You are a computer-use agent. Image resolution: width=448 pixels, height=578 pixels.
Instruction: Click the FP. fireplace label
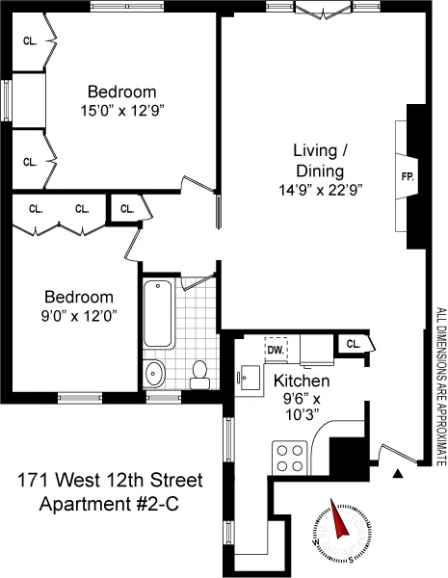point(407,176)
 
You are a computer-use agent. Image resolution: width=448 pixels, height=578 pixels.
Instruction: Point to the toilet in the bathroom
point(200,375)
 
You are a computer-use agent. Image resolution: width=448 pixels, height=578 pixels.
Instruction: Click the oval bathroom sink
point(154,373)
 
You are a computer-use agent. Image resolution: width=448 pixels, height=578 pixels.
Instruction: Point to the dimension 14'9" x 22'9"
point(320,191)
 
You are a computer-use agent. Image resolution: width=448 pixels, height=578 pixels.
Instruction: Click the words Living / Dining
point(320,160)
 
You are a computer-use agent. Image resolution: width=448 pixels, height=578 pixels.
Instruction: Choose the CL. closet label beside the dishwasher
point(352,344)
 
